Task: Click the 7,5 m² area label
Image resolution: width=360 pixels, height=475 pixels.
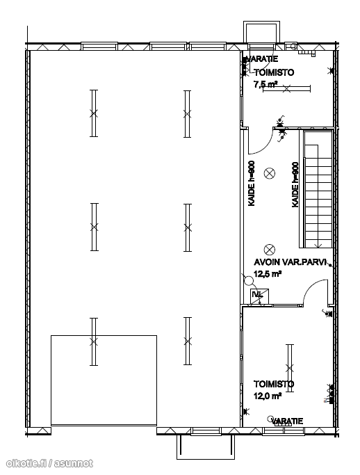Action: (265, 84)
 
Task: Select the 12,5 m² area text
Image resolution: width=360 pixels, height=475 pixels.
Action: (268, 274)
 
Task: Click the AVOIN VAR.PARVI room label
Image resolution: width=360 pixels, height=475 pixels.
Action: (290, 261)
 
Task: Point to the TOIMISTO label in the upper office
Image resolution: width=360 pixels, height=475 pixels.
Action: (274, 72)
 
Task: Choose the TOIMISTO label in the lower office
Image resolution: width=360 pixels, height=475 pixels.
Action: (274, 384)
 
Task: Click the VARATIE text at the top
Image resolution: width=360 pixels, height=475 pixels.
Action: (262, 59)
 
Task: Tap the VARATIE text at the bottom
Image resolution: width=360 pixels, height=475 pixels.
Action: (287, 421)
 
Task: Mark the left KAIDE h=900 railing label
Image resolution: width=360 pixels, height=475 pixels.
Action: (252, 184)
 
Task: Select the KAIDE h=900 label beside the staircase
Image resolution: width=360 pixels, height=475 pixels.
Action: (295, 185)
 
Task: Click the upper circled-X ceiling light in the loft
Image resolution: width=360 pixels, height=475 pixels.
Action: (269, 174)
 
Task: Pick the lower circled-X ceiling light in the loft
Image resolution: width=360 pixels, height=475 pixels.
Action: (269, 250)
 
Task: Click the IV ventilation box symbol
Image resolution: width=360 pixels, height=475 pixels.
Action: (260, 296)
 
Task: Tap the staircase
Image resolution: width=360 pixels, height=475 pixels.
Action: (318, 189)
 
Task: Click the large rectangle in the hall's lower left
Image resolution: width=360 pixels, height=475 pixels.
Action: (104, 380)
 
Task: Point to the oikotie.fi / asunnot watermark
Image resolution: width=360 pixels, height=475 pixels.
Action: (49, 463)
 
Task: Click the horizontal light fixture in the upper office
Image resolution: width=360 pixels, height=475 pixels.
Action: (286, 88)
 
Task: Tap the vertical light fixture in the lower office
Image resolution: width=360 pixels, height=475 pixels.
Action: (290, 368)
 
